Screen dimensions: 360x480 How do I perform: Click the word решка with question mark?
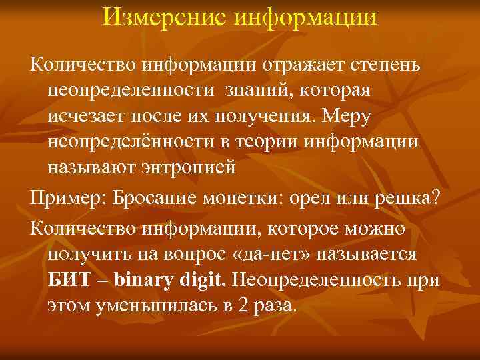pos(401,198)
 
